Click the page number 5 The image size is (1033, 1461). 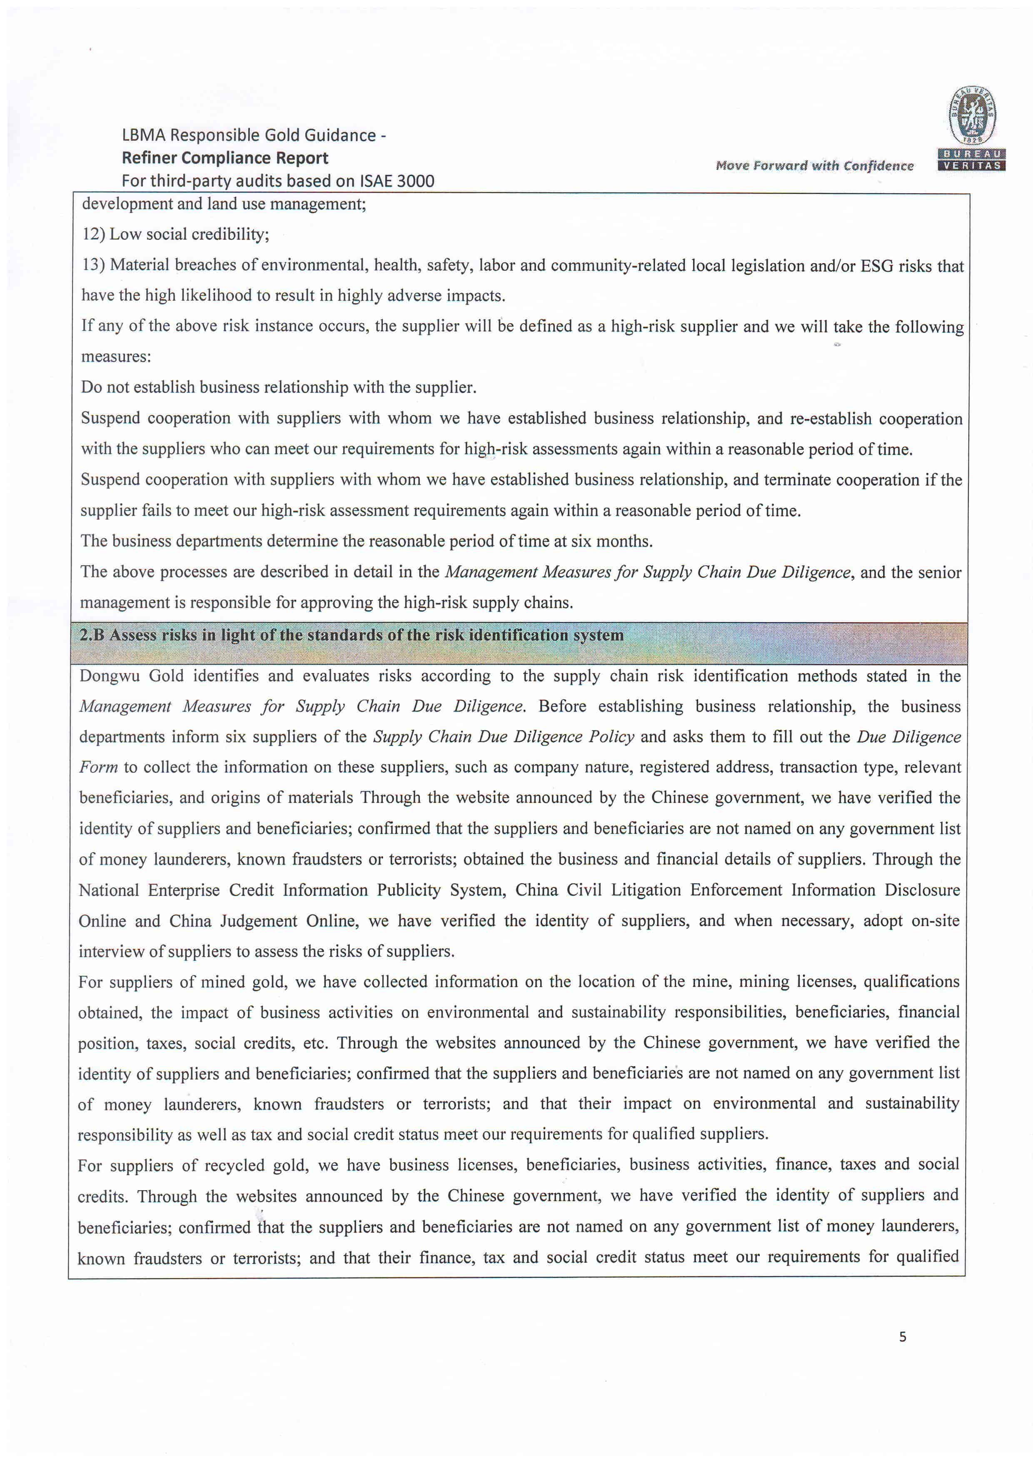tap(903, 1337)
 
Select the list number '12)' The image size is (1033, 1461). tap(93, 234)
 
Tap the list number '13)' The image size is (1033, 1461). tap(93, 265)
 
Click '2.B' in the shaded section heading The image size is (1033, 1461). tap(92, 635)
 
